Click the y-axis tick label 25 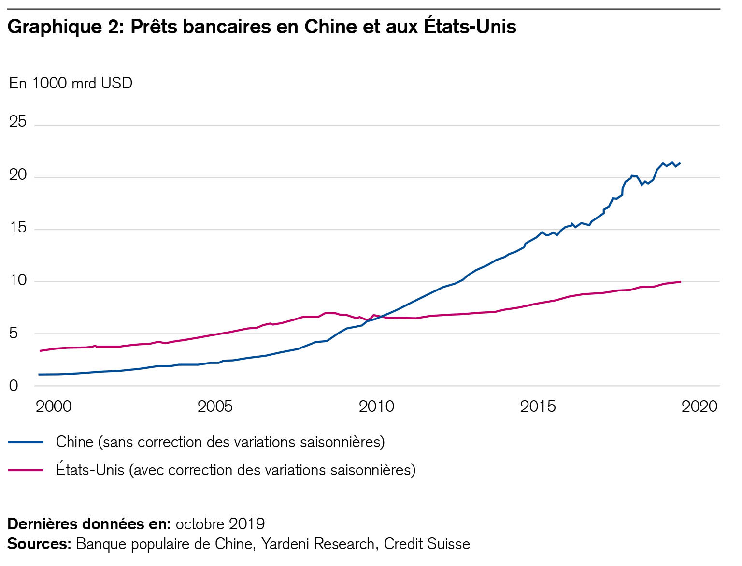click(x=18, y=122)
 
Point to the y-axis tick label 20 click(x=18, y=174)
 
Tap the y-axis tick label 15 click(x=18, y=227)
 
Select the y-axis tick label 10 click(x=18, y=280)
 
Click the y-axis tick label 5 click(x=14, y=333)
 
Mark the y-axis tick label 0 click(x=14, y=386)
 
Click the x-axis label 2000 click(x=54, y=406)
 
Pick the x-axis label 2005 click(x=215, y=406)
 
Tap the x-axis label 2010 click(x=376, y=406)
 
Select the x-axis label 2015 click(x=538, y=406)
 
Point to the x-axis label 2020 click(x=699, y=406)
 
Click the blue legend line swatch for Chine click(x=26, y=442)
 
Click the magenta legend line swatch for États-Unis click(x=26, y=470)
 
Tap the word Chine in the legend click(x=74, y=442)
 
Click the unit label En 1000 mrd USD click(x=71, y=84)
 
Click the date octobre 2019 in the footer click(x=220, y=524)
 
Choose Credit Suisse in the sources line click(x=427, y=544)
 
